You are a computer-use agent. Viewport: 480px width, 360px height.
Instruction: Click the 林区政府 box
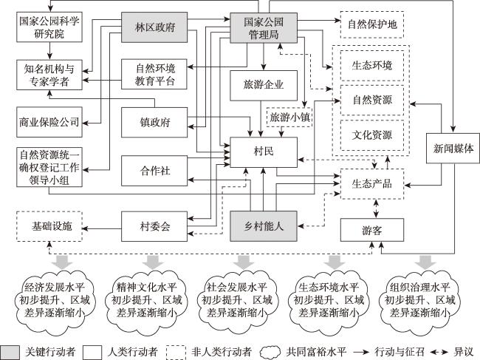tap(154, 27)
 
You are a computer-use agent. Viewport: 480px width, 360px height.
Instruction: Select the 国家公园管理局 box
tap(264, 27)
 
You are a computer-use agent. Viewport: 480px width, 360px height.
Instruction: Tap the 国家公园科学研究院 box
tap(49, 27)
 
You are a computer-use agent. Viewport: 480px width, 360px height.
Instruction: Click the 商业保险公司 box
tap(49, 122)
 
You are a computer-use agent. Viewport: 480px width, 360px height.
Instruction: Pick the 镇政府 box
tap(154, 122)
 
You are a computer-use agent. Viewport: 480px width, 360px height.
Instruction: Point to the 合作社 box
tap(154, 171)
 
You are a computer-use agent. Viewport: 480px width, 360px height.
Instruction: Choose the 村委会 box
tap(154, 226)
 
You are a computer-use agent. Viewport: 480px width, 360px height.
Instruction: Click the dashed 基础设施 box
tap(49, 226)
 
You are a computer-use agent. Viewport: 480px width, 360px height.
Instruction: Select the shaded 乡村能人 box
tap(264, 226)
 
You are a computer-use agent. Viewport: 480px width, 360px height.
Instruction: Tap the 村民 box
tap(264, 152)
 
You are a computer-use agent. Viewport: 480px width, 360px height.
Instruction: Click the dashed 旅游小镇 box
tap(289, 117)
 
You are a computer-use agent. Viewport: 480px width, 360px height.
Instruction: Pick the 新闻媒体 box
tap(453, 149)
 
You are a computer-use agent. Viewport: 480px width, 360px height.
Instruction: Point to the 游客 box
tap(372, 230)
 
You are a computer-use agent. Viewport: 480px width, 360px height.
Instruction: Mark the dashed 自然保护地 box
tap(372, 24)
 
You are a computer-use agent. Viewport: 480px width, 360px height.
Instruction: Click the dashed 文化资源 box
tap(372, 135)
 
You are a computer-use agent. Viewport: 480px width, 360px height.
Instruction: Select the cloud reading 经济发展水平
tap(55, 301)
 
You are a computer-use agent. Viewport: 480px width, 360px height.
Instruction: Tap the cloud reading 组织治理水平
tap(419, 301)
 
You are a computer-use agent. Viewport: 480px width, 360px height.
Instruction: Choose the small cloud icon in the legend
tap(270, 352)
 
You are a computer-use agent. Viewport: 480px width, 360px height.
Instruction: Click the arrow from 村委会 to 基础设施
tap(102, 228)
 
